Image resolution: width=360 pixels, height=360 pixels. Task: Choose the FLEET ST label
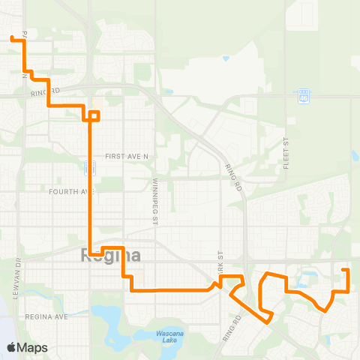click(x=286, y=153)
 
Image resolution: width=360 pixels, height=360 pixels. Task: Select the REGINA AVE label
click(x=46, y=317)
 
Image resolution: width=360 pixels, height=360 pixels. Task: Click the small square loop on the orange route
click(x=94, y=115)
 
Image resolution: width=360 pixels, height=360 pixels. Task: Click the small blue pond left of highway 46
click(x=226, y=58)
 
